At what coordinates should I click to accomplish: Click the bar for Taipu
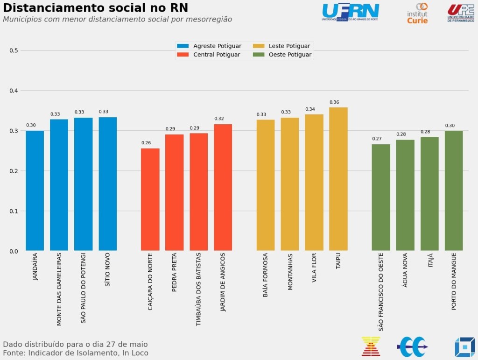[338, 179]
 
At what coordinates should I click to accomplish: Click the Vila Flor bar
[314, 183]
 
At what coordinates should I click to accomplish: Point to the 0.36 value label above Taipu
[334, 102]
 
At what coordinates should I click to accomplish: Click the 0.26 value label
[146, 143]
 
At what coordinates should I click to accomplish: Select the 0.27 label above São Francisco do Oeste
[377, 139]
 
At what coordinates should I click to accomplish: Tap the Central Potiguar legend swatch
[183, 55]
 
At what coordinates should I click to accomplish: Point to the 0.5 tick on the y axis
[14, 50]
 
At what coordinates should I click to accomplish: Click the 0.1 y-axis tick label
[14, 211]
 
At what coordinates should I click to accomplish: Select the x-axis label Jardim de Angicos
[223, 282]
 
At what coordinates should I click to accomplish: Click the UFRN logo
[350, 12]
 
